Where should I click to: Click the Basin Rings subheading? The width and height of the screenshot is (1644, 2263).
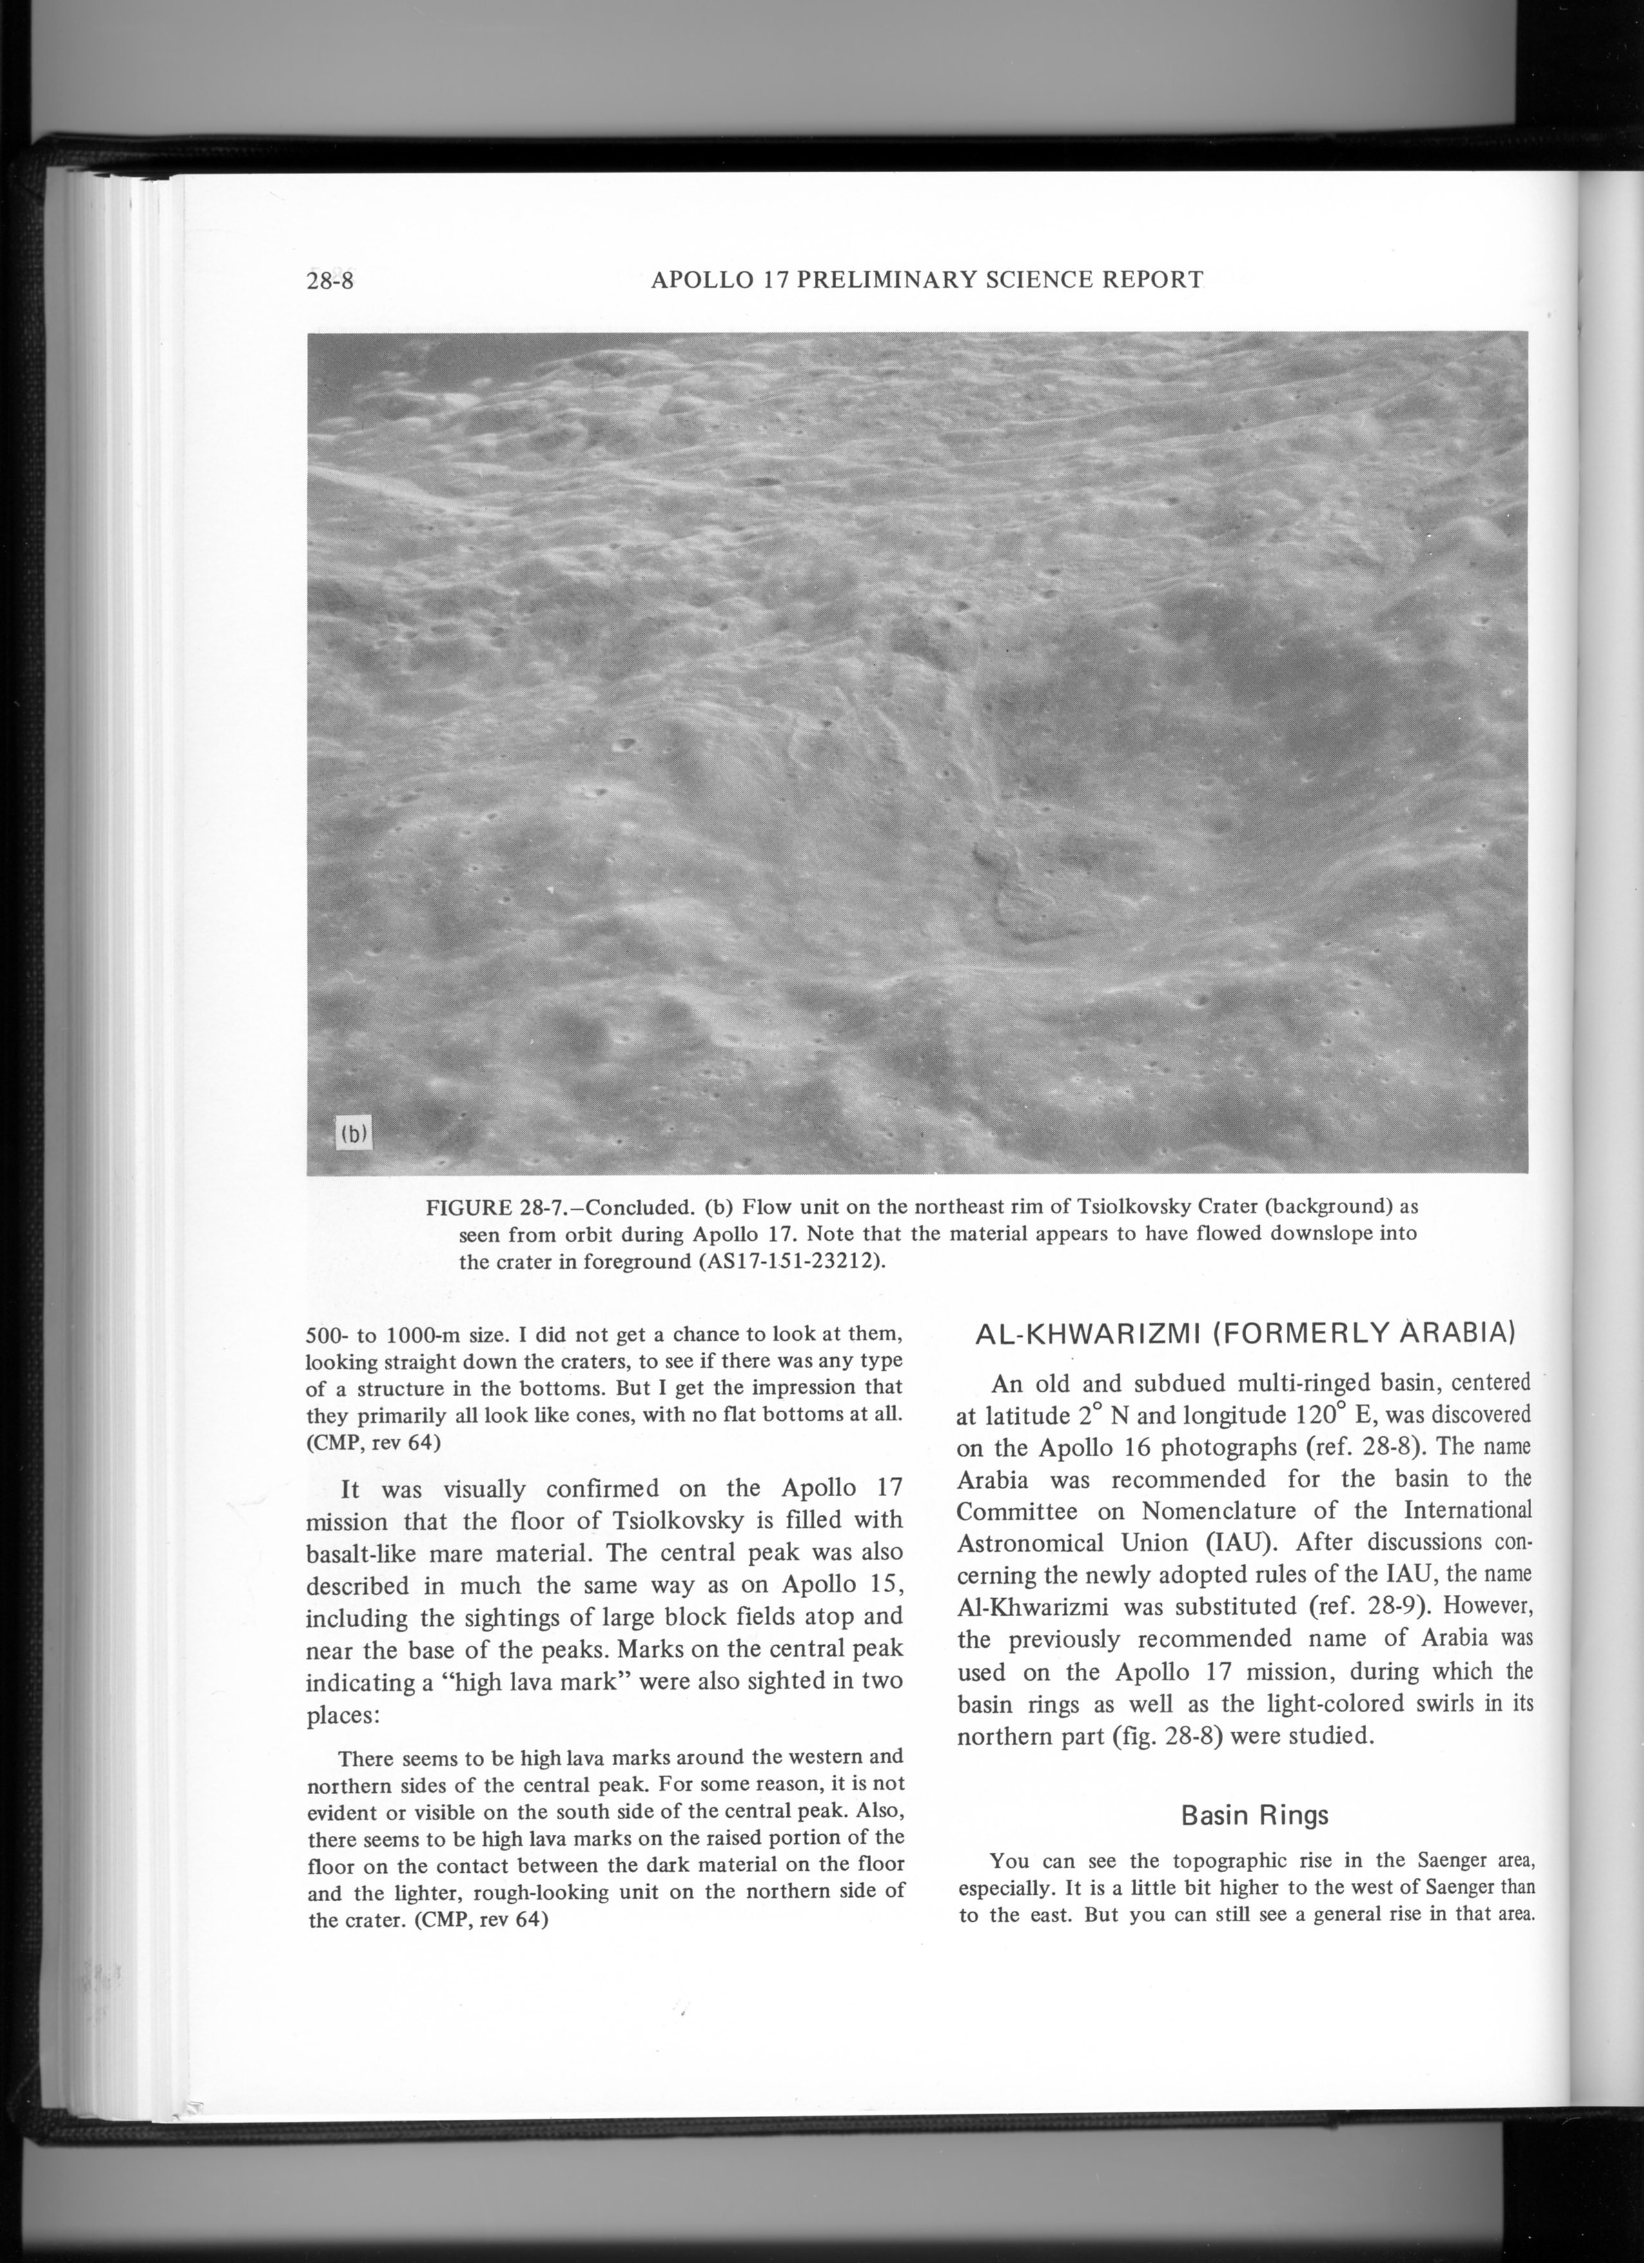tap(1254, 1814)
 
